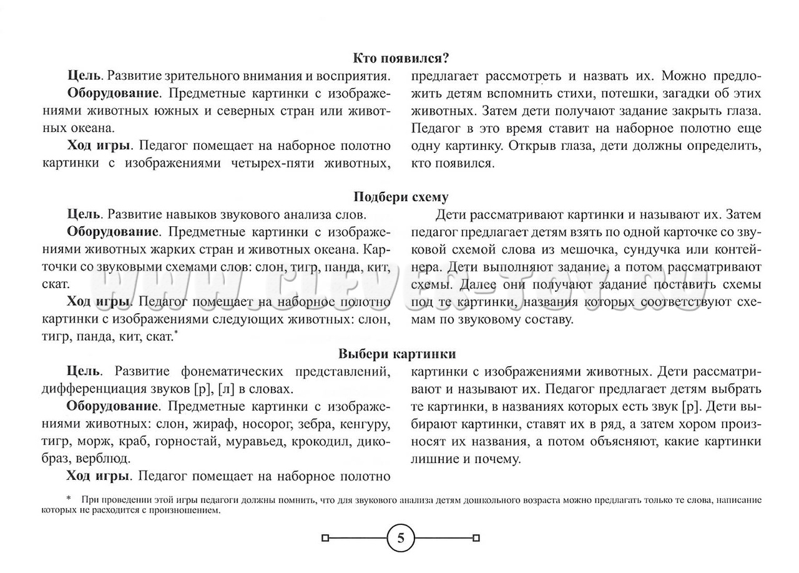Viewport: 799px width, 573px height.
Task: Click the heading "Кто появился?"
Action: [401, 59]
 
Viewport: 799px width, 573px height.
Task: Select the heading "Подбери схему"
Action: [401, 197]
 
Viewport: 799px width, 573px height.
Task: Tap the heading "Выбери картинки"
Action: [397, 354]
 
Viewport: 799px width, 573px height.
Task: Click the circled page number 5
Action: [401, 537]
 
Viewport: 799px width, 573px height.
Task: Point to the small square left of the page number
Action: [325, 537]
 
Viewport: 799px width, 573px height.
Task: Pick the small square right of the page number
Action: [476, 537]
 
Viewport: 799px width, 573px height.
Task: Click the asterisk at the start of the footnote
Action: [69, 499]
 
